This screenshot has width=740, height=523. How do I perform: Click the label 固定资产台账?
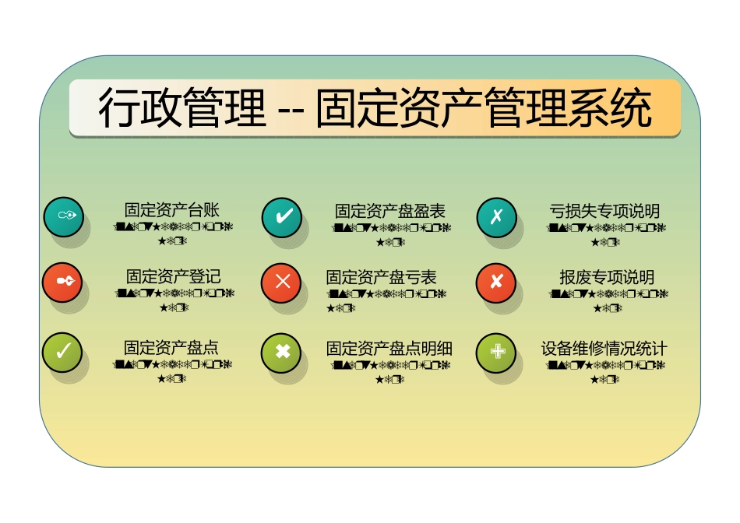(x=172, y=210)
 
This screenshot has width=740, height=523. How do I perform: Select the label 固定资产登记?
(x=173, y=276)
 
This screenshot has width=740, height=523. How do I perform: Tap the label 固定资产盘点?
(x=171, y=347)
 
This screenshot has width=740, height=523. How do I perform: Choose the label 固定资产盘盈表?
(x=390, y=211)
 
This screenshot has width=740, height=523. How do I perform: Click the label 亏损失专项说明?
(x=604, y=211)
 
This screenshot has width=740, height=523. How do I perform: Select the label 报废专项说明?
(x=606, y=277)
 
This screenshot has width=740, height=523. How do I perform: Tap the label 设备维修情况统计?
(x=604, y=348)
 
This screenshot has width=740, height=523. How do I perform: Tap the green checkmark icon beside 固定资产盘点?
(x=63, y=352)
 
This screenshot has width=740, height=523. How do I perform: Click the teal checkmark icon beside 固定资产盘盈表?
(x=282, y=216)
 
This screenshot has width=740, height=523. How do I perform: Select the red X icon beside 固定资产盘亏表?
(x=282, y=282)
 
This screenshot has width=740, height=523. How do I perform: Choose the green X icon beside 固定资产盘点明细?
(x=282, y=352)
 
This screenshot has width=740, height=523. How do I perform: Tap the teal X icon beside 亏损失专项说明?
(x=496, y=216)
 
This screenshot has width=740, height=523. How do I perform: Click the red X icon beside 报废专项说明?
(x=496, y=282)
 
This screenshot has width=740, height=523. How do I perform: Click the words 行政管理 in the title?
(x=181, y=109)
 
